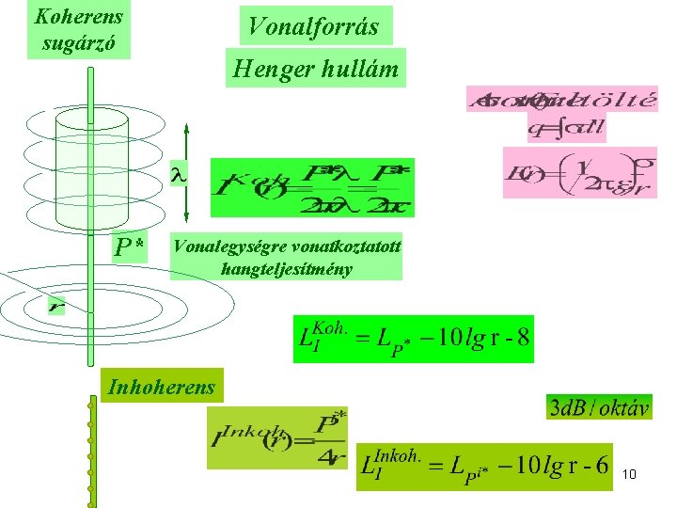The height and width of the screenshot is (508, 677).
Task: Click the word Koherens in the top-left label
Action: tap(78, 16)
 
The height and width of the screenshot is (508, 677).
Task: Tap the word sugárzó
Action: tap(78, 42)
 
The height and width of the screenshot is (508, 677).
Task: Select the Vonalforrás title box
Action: tap(313, 26)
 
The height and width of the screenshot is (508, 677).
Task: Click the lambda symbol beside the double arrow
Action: tap(175, 175)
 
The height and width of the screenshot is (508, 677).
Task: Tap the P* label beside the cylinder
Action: tap(129, 247)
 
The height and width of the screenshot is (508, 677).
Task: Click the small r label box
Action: tap(58, 306)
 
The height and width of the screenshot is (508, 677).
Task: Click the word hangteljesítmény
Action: tap(286, 269)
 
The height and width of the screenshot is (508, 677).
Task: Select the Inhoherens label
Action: tap(162, 386)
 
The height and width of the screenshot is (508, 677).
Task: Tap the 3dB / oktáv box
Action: tap(600, 407)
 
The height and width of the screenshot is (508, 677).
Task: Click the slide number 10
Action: tap(629, 474)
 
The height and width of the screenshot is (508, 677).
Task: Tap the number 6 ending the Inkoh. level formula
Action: tap(601, 467)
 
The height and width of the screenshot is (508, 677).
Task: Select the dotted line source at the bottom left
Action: tap(92, 452)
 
